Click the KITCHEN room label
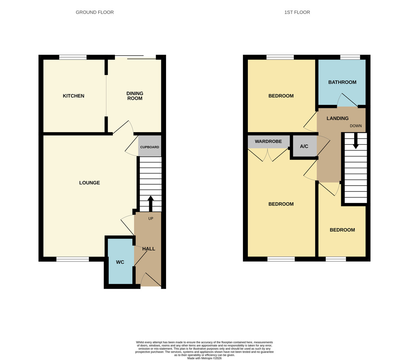pyautogui.click(x=74, y=96)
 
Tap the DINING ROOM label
pyautogui.click(x=135, y=96)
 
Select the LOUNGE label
pyautogui.click(x=89, y=183)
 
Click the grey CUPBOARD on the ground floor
pyautogui.click(x=150, y=146)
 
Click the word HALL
pyautogui.click(x=149, y=249)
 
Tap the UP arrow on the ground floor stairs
pyautogui.click(x=151, y=203)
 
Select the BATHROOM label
pyautogui.click(x=342, y=82)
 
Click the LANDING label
pyautogui.click(x=337, y=119)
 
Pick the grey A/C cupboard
pyautogui.click(x=305, y=146)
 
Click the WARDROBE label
pyautogui.click(x=268, y=141)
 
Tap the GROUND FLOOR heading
pyautogui.click(x=95, y=12)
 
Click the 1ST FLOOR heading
pyautogui.click(x=297, y=12)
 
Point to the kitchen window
pyautogui.click(x=73, y=57)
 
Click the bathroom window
pyautogui.click(x=350, y=57)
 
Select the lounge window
pyautogui.click(x=73, y=259)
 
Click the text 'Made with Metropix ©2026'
pyautogui.click(x=204, y=358)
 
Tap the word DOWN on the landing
pyautogui.click(x=356, y=126)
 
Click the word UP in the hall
pyautogui.click(x=151, y=219)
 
